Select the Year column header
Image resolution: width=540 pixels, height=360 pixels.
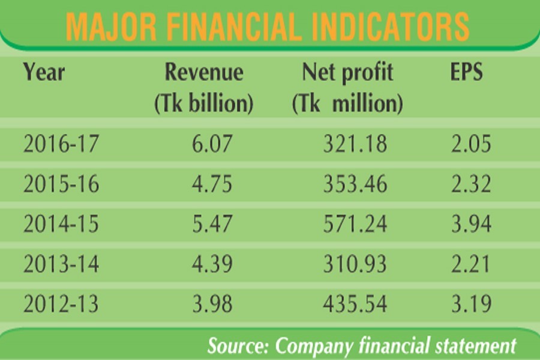pos(43,72)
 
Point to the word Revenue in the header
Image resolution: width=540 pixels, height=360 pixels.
pos(204,72)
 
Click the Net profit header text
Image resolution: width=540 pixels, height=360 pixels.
pos(347,72)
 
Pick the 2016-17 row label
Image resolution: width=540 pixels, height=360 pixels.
pos(61,144)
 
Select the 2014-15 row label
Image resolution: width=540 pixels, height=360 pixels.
pos(61,224)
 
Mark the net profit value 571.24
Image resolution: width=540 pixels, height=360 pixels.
pos(347,224)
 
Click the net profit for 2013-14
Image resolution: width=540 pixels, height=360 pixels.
pos(347,263)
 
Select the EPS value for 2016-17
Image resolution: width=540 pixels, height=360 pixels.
pos(471,144)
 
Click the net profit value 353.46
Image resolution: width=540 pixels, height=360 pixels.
pos(347,184)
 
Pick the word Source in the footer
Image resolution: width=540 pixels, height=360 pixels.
pos(238,346)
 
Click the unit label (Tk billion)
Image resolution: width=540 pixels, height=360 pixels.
pos(204,104)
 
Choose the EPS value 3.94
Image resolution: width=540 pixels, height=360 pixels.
pos(471,224)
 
